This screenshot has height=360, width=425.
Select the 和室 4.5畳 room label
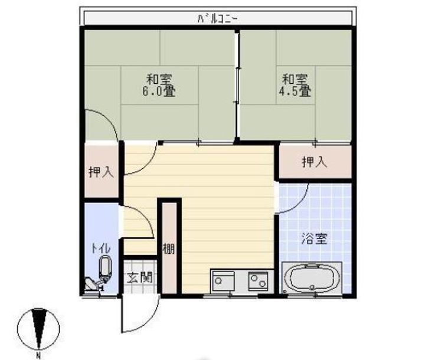tap(295, 85)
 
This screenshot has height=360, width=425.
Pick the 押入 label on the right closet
tap(314, 162)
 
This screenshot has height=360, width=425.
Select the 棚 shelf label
tap(169, 248)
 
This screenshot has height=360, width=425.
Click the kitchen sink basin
tap(224, 279)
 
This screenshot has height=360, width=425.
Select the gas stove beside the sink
tap(259, 279)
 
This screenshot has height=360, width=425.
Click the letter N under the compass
tap(38, 355)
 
